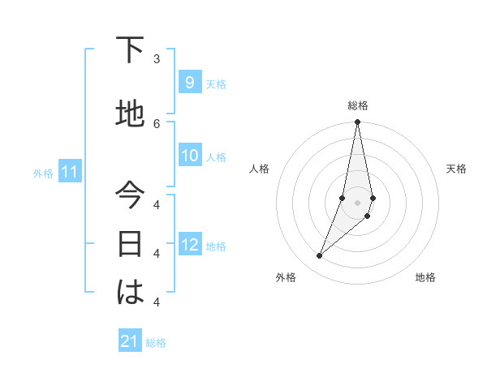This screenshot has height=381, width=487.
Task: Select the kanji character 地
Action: tap(130, 113)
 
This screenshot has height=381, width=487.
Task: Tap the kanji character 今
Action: tap(130, 197)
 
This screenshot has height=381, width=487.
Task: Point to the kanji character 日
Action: tap(130, 243)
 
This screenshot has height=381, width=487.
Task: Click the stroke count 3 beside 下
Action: tap(157, 59)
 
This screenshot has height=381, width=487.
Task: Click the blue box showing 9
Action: tap(189, 82)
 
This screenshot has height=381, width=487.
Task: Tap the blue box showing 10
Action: tap(189, 156)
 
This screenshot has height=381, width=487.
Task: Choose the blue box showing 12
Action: tap(189, 245)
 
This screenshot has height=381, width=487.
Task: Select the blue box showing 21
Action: tap(130, 341)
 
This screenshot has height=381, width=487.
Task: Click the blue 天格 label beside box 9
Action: tap(216, 83)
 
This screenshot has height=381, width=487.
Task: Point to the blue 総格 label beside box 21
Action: tap(156, 343)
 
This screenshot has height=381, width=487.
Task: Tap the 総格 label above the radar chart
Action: tap(358, 105)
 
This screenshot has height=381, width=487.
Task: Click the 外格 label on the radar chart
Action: tap(286, 277)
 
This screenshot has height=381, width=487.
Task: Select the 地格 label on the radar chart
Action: tap(425, 277)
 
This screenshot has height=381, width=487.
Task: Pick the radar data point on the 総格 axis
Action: tap(357, 122)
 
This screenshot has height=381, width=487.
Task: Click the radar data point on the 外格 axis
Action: tap(319, 256)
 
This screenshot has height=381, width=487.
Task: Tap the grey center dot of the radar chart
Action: tap(357, 202)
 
